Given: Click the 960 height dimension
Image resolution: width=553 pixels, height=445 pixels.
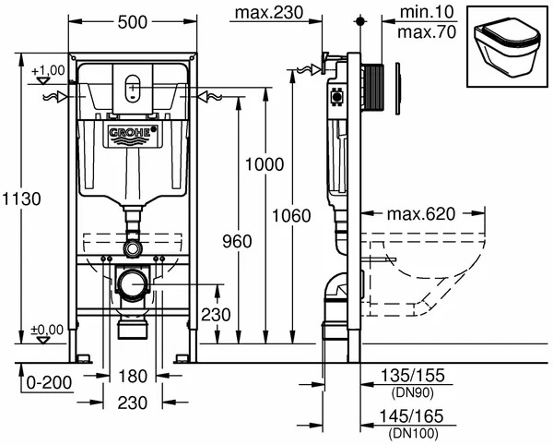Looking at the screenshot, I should [x=237, y=242].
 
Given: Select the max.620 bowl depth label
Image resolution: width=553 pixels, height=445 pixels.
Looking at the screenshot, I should [x=421, y=214].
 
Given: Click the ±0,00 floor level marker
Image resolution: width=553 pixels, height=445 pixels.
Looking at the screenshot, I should [x=48, y=330].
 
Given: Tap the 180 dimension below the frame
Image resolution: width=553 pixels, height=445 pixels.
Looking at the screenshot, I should [x=134, y=376].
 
